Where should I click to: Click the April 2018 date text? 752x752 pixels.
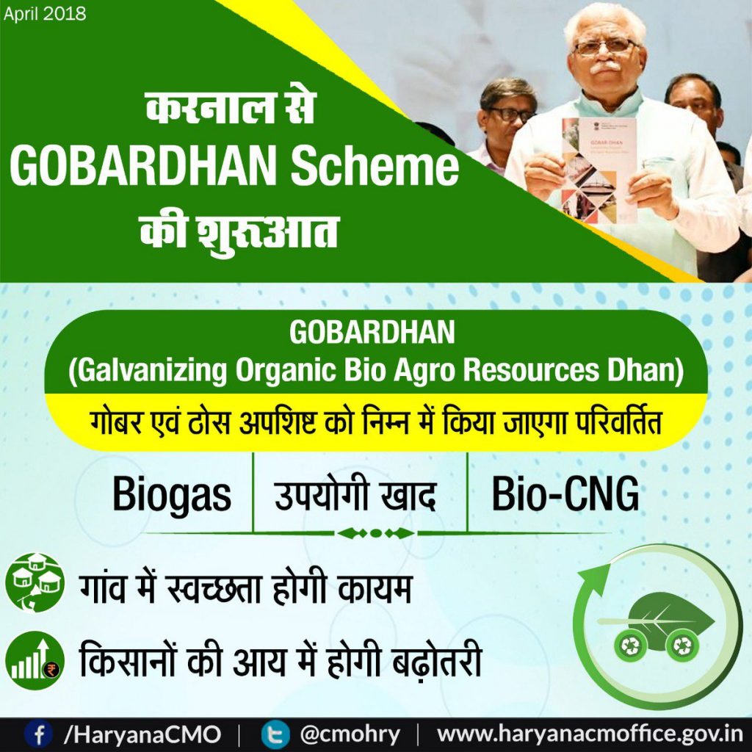pyautogui.click(x=45, y=14)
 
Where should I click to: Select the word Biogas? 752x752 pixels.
pyautogui.click(x=172, y=495)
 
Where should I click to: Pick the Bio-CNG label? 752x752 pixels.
pyautogui.click(x=565, y=495)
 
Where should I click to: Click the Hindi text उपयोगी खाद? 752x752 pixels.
pyautogui.click(x=355, y=495)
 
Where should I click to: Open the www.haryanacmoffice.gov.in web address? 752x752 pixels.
pyautogui.click(x=590, y=734)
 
